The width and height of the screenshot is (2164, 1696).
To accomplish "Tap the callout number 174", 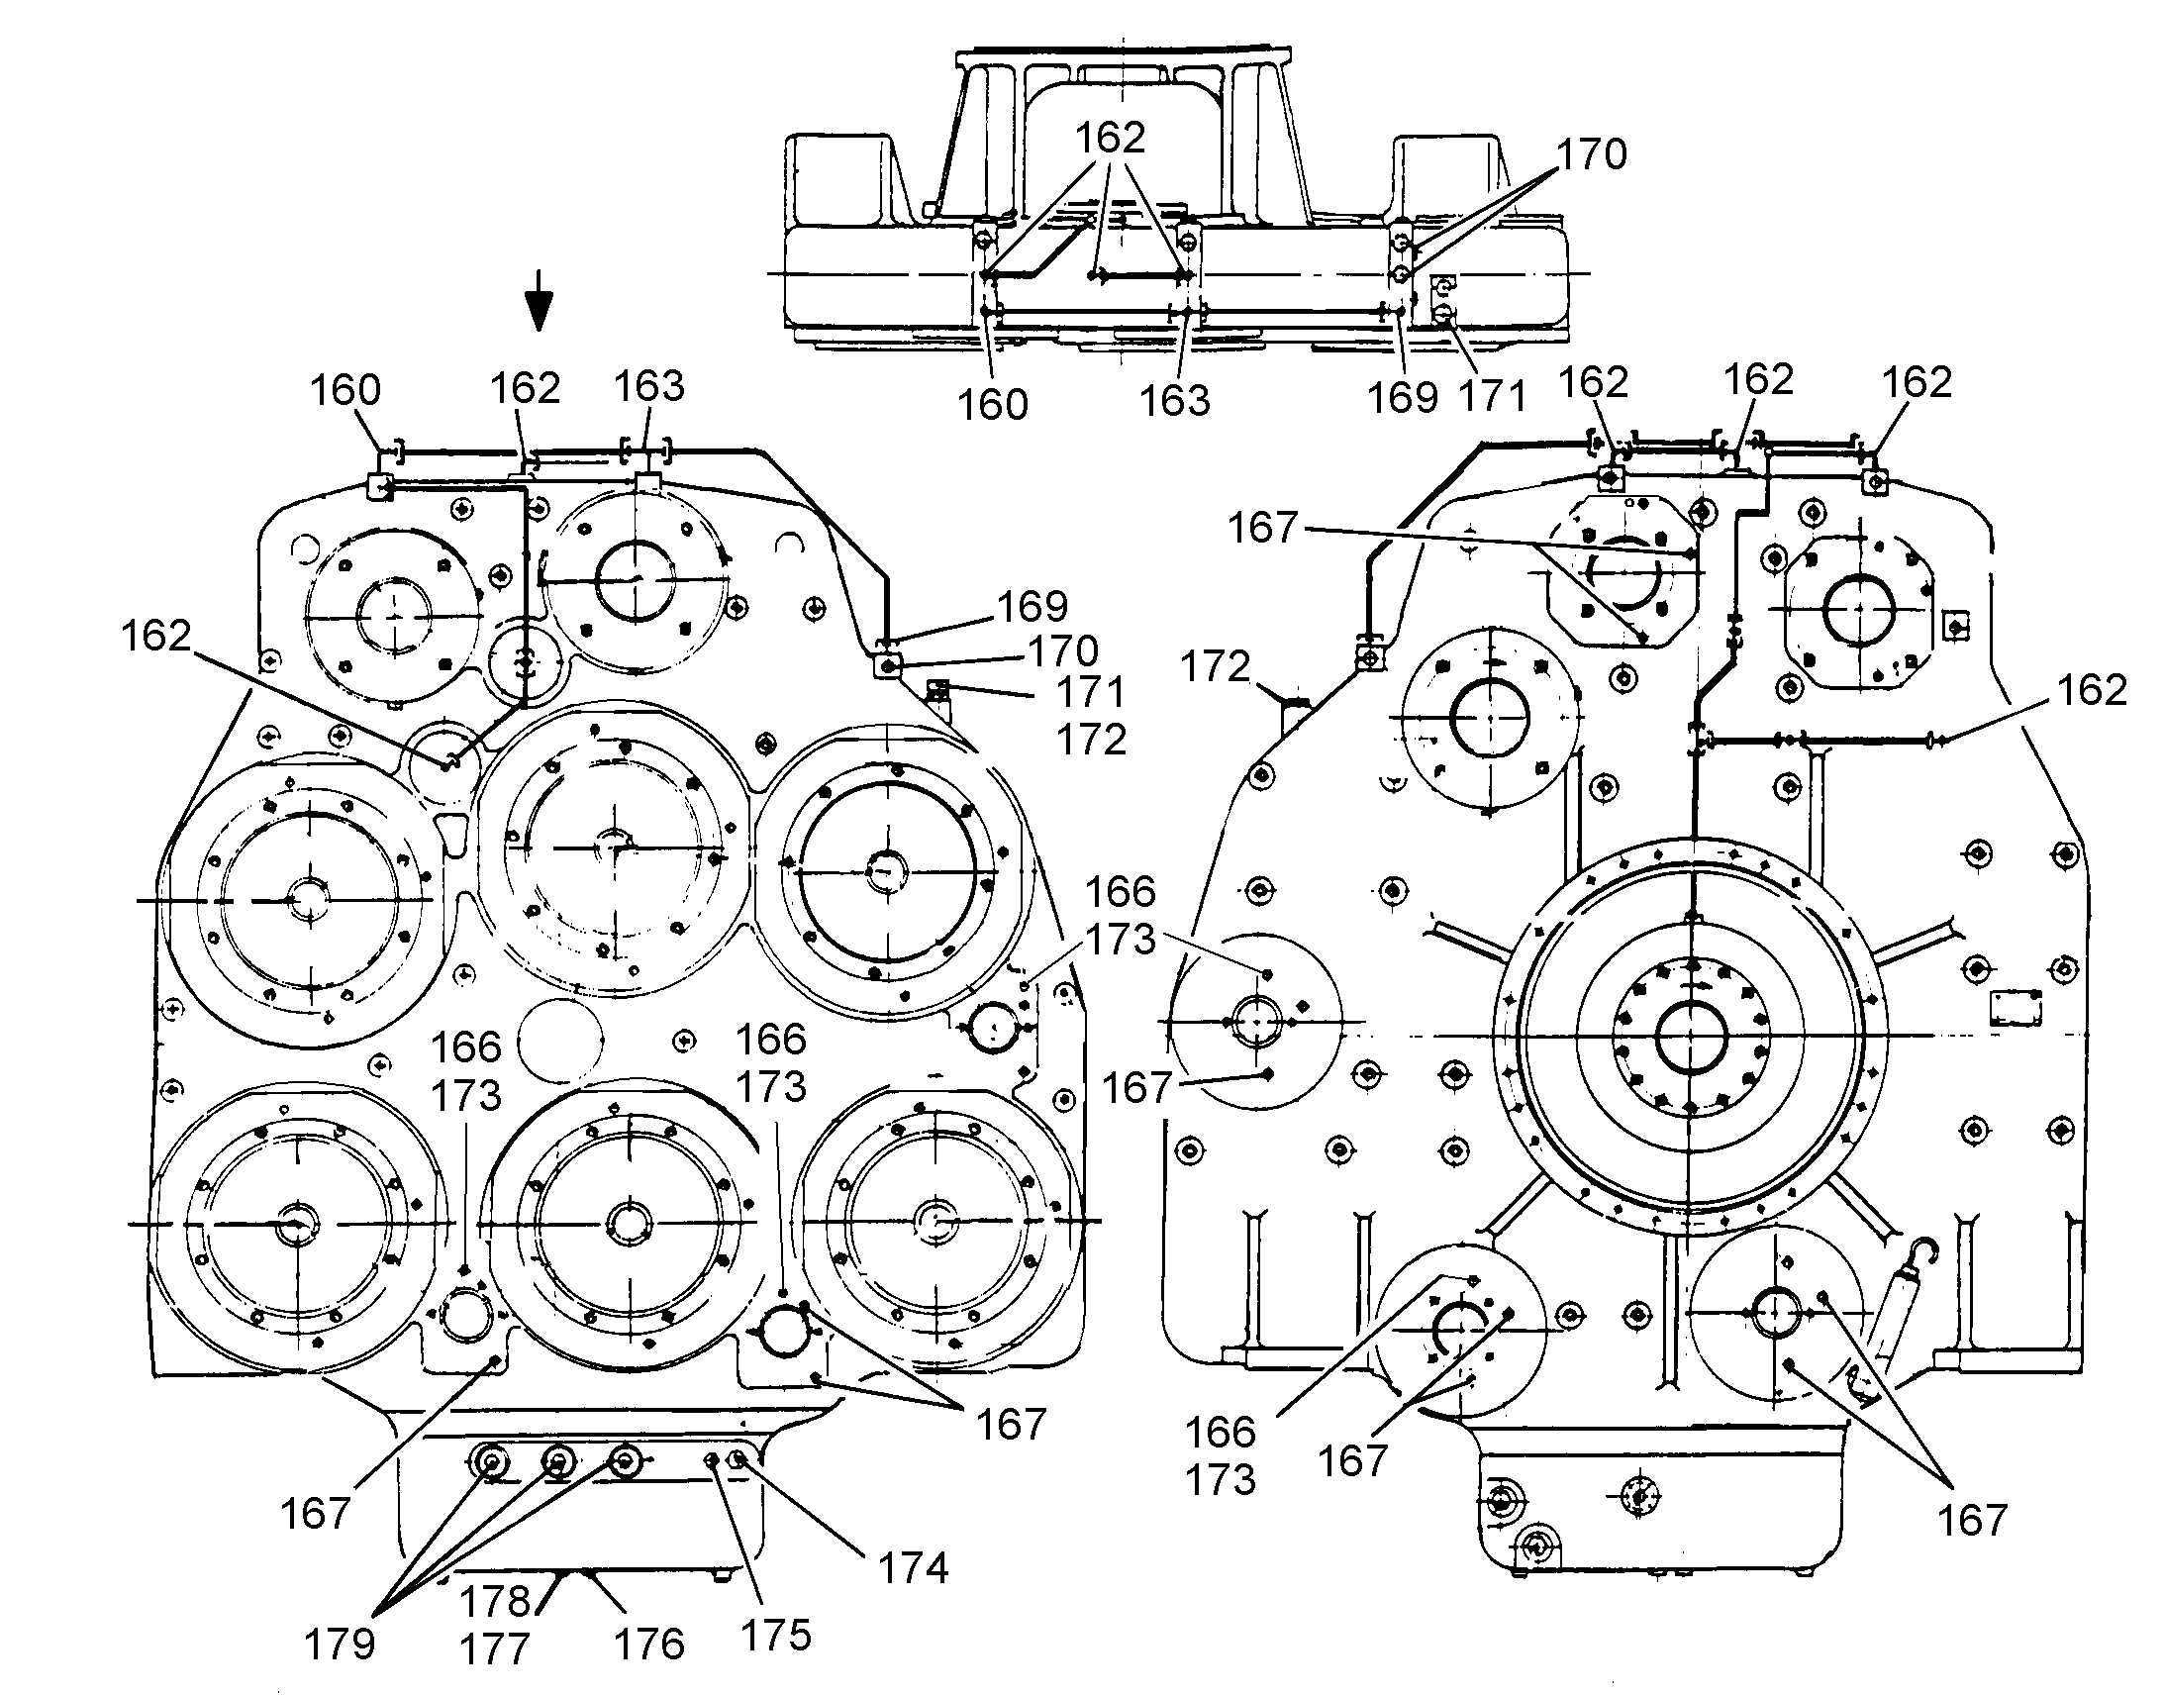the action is pyautogui.click(x=914, y=1568).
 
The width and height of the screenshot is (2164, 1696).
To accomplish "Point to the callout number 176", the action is pyautogui.click(x=649, y=1645).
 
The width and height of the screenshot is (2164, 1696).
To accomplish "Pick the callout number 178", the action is pyautogui.click(x=495, y=1601).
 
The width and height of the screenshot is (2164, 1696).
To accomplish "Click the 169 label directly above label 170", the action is pyautogui.click(x=1033, y=606).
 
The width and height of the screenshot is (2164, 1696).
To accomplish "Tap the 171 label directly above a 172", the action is pyautogui.click(x=1090, y=692).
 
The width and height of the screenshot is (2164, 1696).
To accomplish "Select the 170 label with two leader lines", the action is pyautogui.click(x=1591, y=153).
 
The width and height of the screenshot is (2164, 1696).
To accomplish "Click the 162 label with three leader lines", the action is pyautogui.click(x=1110, y=137).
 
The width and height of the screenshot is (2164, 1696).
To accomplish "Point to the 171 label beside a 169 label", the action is pyautogui.click(x=1491, y=397).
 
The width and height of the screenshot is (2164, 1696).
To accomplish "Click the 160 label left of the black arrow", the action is pyautogui.click(x=345, y=390).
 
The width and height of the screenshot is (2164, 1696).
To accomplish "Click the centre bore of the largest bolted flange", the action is pyautogui.click(x=1692, y=1037).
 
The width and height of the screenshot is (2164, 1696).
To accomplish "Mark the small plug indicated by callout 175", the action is pyautogui.click(x=712, y=1459).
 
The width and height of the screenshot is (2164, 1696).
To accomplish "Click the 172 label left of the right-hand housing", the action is pyautogui.click(x=1215, y=666).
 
